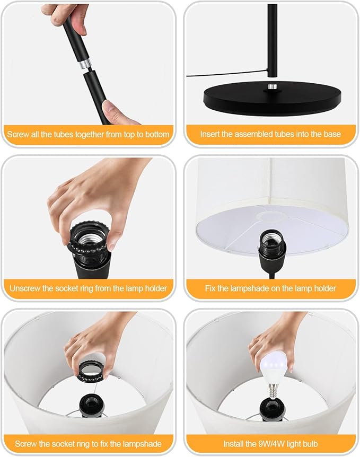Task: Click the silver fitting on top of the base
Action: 273,87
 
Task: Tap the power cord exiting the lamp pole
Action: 227,73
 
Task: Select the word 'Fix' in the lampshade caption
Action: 210,288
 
